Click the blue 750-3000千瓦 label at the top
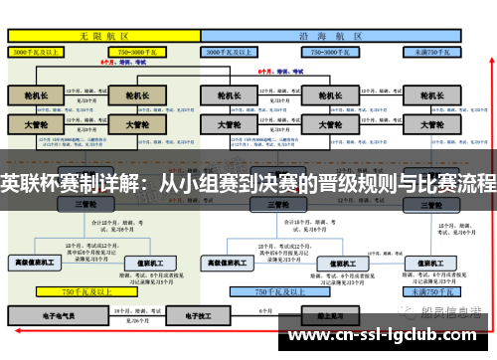point(330,49)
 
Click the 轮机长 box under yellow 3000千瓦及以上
point(37,96)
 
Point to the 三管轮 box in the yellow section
point(84,204)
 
